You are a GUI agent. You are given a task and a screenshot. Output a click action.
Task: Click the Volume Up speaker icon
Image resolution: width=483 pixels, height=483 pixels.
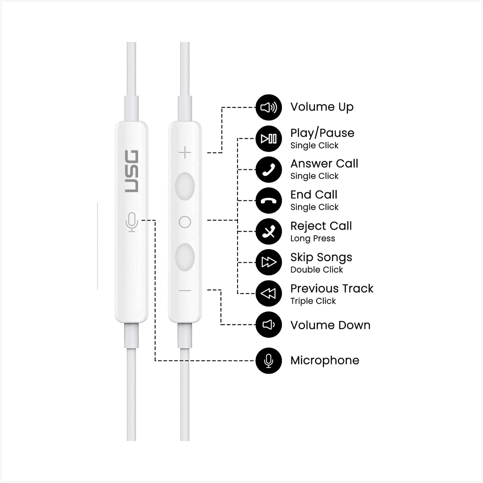pos(269,107)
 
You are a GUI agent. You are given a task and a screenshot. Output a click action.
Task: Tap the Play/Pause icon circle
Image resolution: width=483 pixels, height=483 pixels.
pos(269,139)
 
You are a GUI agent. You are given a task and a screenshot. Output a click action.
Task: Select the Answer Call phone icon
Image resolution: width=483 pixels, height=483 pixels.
pos(269,170)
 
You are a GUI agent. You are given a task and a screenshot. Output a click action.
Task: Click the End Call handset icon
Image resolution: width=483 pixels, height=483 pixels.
pos(269,200)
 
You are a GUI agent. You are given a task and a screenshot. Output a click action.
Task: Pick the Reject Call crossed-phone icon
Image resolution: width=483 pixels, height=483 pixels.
pos(269,232)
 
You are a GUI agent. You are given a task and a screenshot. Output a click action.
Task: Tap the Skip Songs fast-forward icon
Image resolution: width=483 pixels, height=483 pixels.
pos(269,262)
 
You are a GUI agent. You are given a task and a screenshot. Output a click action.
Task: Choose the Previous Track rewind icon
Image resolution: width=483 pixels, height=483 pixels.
pos(269,293)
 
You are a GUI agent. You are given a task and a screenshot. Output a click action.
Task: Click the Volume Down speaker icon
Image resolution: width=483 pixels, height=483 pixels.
pos(269,325)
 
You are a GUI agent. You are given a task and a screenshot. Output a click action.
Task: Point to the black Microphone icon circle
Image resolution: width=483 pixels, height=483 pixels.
pos(269,361)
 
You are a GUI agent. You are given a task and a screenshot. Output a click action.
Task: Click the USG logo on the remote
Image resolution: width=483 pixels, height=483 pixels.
pos(132,171)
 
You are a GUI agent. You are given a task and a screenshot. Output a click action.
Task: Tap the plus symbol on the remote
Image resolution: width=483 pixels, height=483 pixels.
pos(185,152)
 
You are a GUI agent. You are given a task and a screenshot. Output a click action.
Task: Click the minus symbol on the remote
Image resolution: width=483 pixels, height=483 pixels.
pos(185,291)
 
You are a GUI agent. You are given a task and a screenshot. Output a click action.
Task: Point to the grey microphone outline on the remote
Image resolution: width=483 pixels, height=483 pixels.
pos(132,222)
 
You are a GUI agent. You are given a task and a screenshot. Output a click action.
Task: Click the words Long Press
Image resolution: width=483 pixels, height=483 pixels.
pos(313,239)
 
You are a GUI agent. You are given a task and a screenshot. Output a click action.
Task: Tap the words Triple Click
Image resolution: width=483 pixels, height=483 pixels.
pos(313,301)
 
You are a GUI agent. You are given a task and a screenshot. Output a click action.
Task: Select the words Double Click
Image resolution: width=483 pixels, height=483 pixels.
pos(317,270)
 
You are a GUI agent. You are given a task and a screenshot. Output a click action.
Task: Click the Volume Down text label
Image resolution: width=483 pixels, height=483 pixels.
pos(331,325)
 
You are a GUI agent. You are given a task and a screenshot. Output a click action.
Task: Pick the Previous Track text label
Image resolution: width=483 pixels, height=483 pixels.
pos(332,289)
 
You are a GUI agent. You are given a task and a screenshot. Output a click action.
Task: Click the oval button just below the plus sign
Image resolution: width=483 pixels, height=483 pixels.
pos(185,186)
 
